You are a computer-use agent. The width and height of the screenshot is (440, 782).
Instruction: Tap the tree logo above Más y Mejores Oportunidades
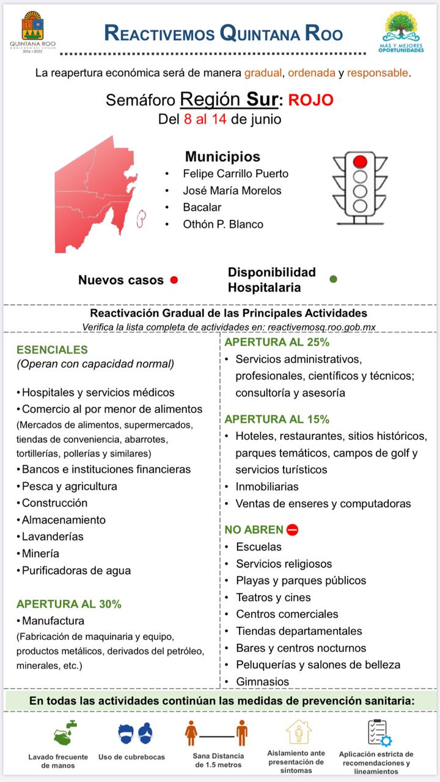[402, 26]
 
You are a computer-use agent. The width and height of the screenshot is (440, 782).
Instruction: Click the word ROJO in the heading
[311, 100]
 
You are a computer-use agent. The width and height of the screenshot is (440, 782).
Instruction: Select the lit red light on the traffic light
[360, 161]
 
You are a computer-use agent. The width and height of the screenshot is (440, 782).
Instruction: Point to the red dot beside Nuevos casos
[174, 280]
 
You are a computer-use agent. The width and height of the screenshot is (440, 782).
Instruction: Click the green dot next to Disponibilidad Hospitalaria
[333, 279]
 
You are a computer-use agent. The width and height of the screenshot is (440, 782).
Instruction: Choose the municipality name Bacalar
[202, 207]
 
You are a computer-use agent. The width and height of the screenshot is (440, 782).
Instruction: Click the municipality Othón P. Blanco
[223, 224]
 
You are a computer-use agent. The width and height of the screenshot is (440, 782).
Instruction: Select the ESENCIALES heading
[52, 350]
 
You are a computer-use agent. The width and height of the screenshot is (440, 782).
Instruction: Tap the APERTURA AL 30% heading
[69, 604]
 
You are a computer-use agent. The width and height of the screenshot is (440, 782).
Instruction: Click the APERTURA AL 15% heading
[277, 419]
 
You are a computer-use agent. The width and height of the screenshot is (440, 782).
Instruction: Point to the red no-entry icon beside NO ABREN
[292, 530]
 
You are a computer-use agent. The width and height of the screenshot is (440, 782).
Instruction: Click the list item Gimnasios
[263, 681]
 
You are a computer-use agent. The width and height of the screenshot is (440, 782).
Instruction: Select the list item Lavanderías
[53, 536]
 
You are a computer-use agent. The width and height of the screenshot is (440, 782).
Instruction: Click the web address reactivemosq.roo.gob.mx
[321, 327]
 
